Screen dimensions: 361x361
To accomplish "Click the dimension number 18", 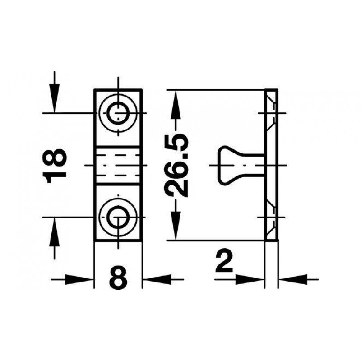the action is (55, 165).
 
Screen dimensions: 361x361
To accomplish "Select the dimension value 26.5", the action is (178, 165).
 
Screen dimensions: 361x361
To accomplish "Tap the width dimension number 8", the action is (118, 278).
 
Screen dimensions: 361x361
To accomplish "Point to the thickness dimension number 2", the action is (224, 262).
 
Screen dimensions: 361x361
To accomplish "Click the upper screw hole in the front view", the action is (118, 113).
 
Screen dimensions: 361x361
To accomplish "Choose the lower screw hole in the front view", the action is (118, 217).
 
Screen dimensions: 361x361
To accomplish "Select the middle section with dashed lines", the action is (118, 165).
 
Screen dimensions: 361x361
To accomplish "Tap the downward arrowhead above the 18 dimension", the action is (54, 98).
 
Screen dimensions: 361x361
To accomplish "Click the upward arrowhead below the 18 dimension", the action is (54, 231).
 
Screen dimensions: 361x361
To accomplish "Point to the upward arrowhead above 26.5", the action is (176, 105).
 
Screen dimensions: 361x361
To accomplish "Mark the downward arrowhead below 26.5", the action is (176, 225).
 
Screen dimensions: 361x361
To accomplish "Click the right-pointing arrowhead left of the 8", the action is (79, 279).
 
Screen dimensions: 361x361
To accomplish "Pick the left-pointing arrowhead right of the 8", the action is (157, 279).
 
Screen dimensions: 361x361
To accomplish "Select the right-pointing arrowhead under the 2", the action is (250, 279).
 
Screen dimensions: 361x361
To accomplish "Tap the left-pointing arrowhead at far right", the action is (293, 279).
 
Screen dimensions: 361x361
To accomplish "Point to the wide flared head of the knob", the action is (227, 165).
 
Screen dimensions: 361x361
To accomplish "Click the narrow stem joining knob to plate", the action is (252, 165).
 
